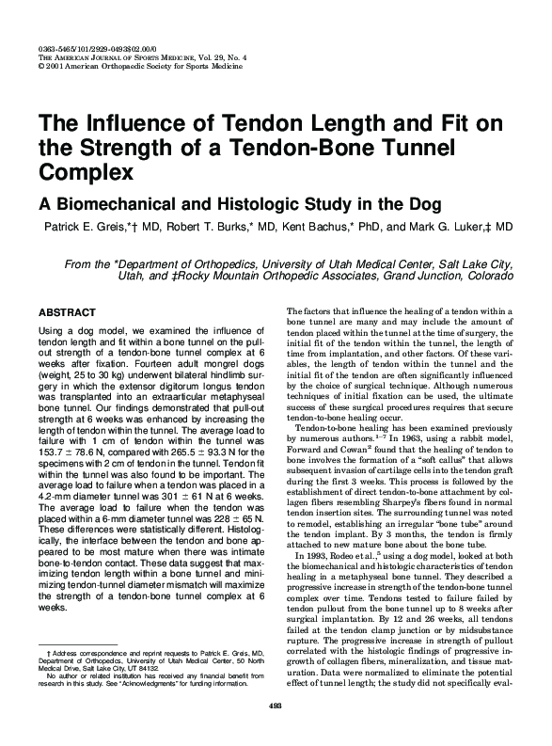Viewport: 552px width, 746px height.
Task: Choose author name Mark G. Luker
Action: tap(455, 228)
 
